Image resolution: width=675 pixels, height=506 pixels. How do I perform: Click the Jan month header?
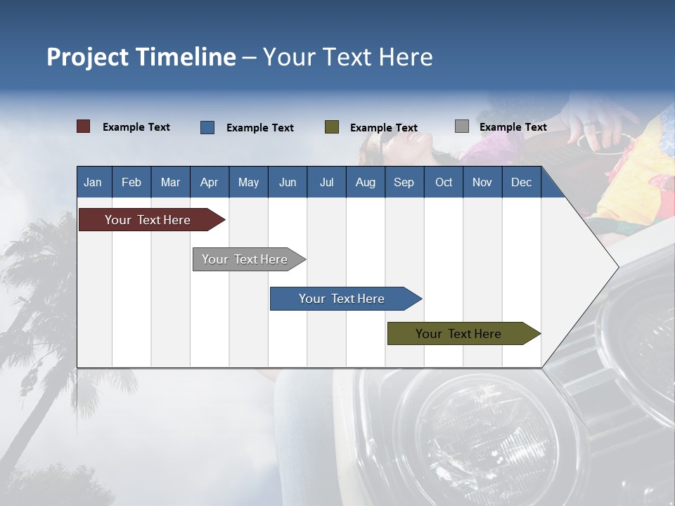point(93,182)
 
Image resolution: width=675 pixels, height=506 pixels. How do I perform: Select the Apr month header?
point(210,182)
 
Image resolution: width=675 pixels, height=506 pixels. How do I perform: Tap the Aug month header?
point(366,182)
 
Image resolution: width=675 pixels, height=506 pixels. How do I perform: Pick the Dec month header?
point(522,182)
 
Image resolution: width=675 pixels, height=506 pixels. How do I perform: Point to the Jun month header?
point(288,182)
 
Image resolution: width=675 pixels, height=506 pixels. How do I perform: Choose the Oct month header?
point(444,182)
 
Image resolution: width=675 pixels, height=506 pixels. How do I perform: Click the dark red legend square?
point(83,126)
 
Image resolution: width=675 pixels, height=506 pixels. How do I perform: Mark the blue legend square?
point(207,127)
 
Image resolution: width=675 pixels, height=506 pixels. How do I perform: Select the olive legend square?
point(331,127)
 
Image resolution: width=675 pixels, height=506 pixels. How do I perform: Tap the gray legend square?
point(461,126)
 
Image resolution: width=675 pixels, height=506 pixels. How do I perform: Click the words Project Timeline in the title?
point(141,57)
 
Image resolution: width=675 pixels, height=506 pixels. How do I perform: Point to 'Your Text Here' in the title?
point(347,57)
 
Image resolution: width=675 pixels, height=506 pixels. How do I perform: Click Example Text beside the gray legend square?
point(513,126)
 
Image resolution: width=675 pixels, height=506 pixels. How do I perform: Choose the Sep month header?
point(404,182)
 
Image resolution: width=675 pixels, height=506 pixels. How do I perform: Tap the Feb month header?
point(131,182)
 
